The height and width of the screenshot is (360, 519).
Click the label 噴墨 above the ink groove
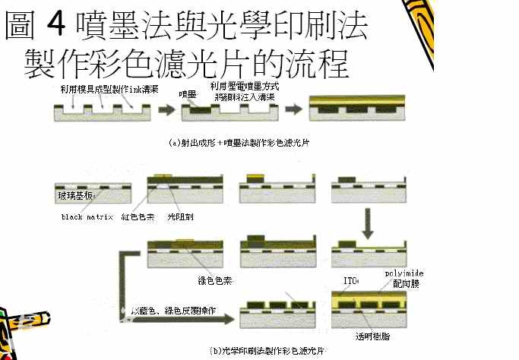[187, 93]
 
